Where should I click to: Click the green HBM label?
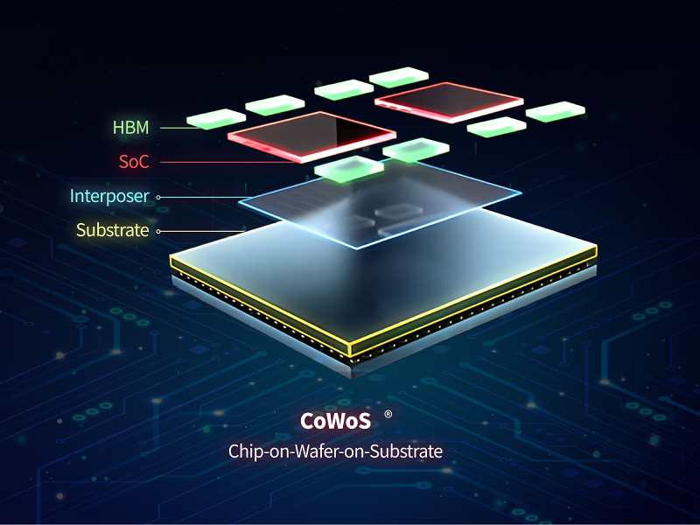[x=130, y=128]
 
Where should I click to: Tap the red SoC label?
[x=134, y=162]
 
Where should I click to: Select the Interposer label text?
[x=109, y=196]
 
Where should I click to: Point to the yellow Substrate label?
[x=112, y=230]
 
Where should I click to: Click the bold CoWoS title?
[x=335, y=421]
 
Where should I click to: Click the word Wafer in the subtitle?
[x=316, y=451]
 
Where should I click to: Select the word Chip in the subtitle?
[x=245, y=451]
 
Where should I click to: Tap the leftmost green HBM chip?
[x=216, y=118]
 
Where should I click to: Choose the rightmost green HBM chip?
[x=555, y=111]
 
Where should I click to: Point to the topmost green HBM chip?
[x=398, y=77]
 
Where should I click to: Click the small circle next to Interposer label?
[x=158, y=197]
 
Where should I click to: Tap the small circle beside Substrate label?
[x=158, y=231]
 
